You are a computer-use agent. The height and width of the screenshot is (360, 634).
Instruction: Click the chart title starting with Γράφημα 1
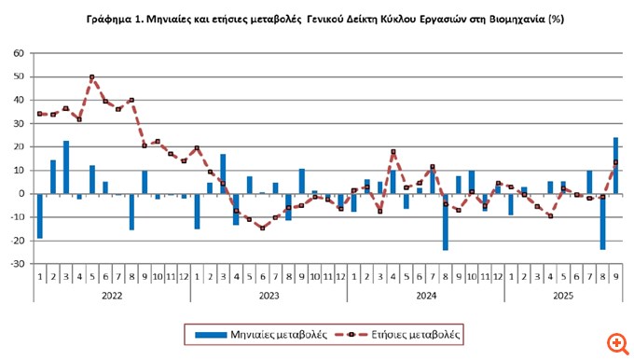point(317,19)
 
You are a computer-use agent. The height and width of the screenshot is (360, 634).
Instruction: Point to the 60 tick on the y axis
point(18,53)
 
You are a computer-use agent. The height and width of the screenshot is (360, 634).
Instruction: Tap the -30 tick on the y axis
point(16,264)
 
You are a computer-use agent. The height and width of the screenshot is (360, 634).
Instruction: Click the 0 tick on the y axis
point(21,194)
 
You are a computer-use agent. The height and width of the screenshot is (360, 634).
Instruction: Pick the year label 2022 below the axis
point(112,295)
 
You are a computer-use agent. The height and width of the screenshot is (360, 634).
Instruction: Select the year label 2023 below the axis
point(269,295)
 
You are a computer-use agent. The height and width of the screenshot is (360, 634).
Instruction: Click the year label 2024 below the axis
point(425,295)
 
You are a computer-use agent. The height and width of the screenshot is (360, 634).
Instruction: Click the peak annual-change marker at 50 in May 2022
point(92,77)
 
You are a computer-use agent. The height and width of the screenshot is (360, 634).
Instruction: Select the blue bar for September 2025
point(615,166)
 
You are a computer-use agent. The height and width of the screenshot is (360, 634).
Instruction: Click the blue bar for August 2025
point(602,222)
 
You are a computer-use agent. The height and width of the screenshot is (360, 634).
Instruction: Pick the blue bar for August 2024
point(446,222)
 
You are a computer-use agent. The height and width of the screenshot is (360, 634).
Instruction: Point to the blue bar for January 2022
point(40,216)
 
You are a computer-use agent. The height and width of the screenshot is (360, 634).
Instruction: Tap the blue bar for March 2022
point(66,168)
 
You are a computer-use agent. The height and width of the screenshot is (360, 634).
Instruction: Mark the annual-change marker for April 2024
point(393,152)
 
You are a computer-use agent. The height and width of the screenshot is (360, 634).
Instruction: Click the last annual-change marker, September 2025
point(615,163)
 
